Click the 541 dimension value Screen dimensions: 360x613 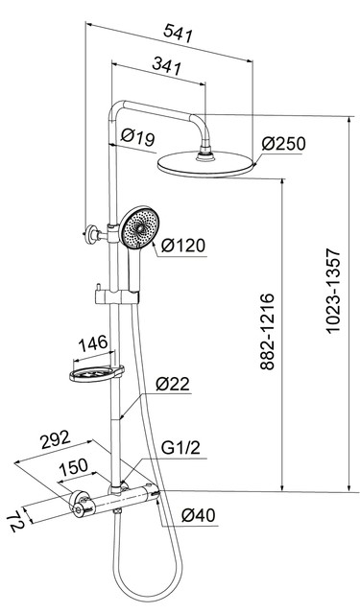click(x=179, y=33)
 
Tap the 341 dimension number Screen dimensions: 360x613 click(x=167, y=65)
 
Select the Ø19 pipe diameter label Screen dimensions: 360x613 click(x=137, y=137)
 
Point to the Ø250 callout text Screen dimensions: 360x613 click(x=283, y=144)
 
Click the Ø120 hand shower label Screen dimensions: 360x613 click(x=183, y=246)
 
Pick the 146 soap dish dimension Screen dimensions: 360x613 click(x=93, y=343)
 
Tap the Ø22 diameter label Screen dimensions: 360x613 click(x=173, y=384)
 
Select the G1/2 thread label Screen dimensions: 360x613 click(x=180, y=448)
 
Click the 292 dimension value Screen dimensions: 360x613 click(x=56, y=439)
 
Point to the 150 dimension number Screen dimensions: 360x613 click(x=73, y=466)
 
